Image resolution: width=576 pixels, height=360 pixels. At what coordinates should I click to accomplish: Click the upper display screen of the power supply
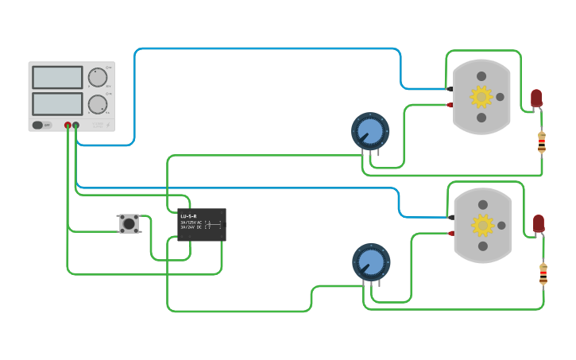click(x=57, y=77)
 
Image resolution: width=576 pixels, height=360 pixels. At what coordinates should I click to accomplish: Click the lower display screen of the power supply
click(x=57, y=103)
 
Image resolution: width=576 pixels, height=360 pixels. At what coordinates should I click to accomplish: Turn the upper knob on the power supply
click(x=98, y=77)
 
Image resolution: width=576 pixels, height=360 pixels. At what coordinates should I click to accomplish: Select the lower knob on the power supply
click(x=98, y=104)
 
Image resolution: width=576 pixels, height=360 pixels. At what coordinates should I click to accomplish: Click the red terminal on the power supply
click(x=68, y=126)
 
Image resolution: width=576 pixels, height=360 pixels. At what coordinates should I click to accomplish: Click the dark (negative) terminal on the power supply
click(x=75, y=126)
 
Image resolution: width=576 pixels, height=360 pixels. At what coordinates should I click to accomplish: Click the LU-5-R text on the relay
click(x=188, y=216)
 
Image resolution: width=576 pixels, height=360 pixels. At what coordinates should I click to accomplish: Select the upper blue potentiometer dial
click(x=370, y=130)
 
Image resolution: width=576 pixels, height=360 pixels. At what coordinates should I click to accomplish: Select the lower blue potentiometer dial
click(x=371, y=261)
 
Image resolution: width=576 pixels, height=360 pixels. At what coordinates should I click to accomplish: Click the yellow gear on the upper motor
click(x=481, y=97)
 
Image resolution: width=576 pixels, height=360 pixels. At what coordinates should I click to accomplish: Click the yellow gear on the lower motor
click(x=482, y=226)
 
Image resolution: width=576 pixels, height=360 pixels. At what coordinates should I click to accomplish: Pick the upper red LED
click(x=536, y=98)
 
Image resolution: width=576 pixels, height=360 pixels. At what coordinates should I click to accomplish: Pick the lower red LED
click(x=539, y=223)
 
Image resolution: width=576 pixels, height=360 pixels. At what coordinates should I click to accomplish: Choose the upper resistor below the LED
click(x=542, y=143)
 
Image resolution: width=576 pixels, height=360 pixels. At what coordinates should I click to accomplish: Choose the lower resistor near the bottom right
click(x=543, y=274)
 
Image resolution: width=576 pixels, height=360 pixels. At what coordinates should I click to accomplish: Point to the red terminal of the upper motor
click(x=450, y=105)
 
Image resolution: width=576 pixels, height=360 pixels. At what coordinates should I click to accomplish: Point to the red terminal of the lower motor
click(x=451, y=233)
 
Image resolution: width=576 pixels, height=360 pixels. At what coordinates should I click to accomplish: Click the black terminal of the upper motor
click(x=450, y=89)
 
